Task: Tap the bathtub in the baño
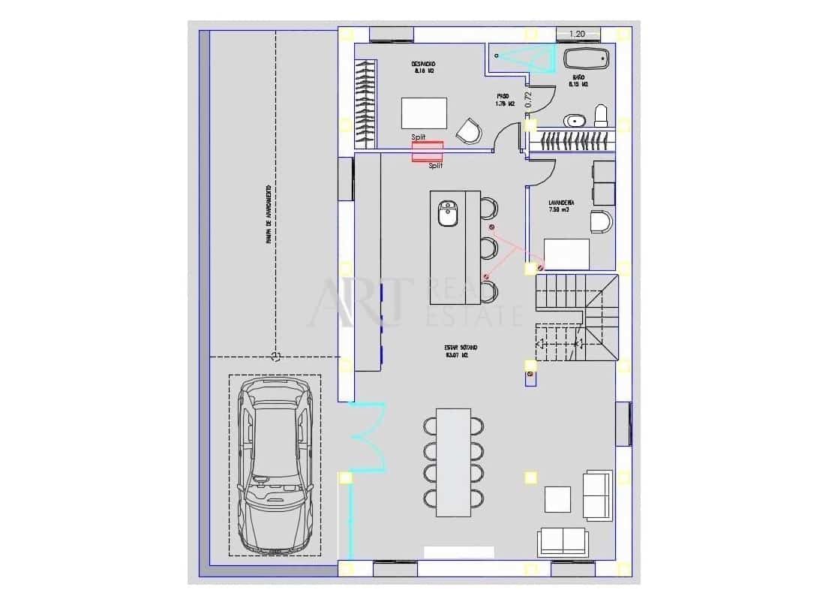(586, 59)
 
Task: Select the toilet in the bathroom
(600, 116)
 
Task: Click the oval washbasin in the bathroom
(575, 119)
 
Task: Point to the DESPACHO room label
(424, 64)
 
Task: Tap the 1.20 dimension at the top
(577, 34)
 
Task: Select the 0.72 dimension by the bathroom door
(528, 100)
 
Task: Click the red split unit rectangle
(427, 151)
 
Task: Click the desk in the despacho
(424, 113)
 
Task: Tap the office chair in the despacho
(470, 131)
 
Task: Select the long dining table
(453, 462)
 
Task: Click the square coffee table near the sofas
(557, 499)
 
